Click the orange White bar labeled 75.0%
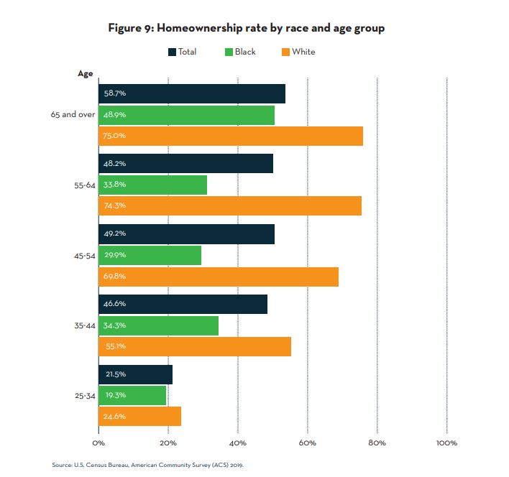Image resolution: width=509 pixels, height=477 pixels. click(x=231, y=136)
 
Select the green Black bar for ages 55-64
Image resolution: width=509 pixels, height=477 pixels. click(x=152, y=185)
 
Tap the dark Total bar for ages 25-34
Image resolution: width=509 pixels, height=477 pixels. click(x=135, y=374)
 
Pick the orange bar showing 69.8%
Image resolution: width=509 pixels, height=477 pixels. click(x=219, y=277)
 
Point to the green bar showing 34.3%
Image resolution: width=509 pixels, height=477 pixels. click(x=158, y=325)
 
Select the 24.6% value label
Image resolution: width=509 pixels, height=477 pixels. click(x=115, y=416)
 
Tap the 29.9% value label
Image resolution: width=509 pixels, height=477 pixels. click(x=115, y=255)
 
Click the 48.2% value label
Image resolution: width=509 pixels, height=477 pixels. click(x=115, y=164)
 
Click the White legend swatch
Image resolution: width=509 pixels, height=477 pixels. click(x=285, y=52)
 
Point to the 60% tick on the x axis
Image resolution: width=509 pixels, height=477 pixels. click(x=307, y=443)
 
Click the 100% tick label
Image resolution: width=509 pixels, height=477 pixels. click(x=446, y=443)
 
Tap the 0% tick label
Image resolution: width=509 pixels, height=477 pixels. click(x=98, y=443)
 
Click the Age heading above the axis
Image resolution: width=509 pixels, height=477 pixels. click(x=86, y=73)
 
